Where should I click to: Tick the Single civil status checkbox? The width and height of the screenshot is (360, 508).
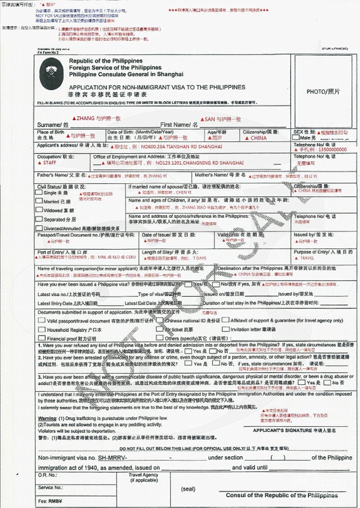pos(40,192)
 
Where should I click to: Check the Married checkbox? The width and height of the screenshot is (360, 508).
pos(40,201)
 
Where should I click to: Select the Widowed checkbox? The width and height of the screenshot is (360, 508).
pos(40,210)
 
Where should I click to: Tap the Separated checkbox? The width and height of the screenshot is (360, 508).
pos(40,219)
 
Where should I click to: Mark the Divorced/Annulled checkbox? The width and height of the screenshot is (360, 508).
pos(40,228)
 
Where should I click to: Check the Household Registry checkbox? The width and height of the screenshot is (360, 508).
pos(41,329)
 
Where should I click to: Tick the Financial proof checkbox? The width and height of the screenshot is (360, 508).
pos(41,337)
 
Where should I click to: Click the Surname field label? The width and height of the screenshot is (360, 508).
pos(52,124)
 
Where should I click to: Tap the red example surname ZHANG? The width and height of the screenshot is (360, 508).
pos(86,119)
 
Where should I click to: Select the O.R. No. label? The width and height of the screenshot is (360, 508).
pos(48,475)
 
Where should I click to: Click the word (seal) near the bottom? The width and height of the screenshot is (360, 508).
pos(189,489)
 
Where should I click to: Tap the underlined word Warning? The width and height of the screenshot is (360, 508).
pos(47,418)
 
